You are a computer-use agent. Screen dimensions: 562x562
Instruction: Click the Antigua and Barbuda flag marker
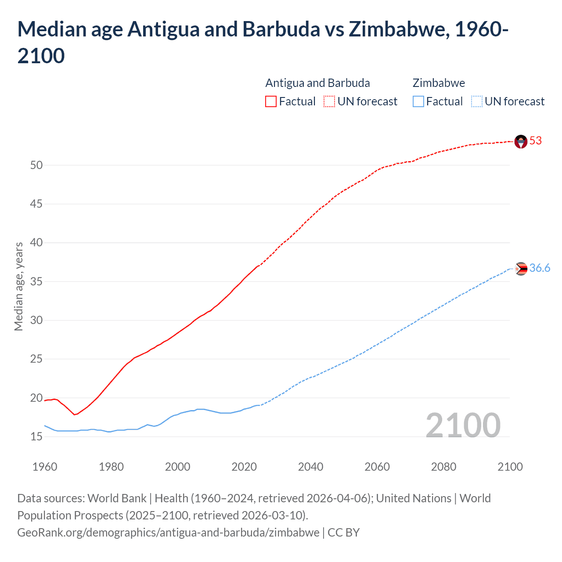pyautogui.click(x=521, y=141)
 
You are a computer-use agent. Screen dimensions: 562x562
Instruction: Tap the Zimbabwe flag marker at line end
pyautogui.click(x=521, y=269)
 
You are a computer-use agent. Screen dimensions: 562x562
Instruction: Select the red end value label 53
pyautogui.click(x=536, y=141)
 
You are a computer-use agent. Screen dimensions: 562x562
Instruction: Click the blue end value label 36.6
pyautogui.click(x=540, y=268)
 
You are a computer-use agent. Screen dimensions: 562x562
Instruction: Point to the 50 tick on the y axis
pyautogui.click(x=36, y=166)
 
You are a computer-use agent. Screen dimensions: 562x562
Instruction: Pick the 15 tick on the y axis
pyautogui.click(x=36, y=437)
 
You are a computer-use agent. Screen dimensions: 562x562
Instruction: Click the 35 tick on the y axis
pyautogui.click(x=36, y=282)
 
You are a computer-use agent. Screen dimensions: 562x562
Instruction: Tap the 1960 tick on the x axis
pyautogui.click(x=45, y=467)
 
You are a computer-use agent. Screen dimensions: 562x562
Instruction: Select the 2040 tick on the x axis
pyautogui.click(x=310, y=467)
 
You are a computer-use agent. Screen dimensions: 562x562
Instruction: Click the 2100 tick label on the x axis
pyautogui.click(x=510, y=467)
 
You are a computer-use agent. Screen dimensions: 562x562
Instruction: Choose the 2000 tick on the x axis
pyautogui.click(x=177, y=467)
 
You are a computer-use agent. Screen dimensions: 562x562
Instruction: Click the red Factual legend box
pyautogui.click(x=271, y=102)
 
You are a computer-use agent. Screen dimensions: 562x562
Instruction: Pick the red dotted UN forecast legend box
pyautogui.click(x=329, y=102)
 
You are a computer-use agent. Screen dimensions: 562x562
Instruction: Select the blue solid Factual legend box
pyautogui.click(x=418, y=102)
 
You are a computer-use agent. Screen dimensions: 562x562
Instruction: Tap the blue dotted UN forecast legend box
pyautogui.click(x=476, y=102)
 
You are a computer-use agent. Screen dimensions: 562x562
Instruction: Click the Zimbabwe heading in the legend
pyautogui.click(x=439, y=83)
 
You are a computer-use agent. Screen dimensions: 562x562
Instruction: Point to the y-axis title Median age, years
pyautogui.click(x=18, y=286)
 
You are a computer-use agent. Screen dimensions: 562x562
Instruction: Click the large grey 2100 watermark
pyautogui.click(x=463, y=425)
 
